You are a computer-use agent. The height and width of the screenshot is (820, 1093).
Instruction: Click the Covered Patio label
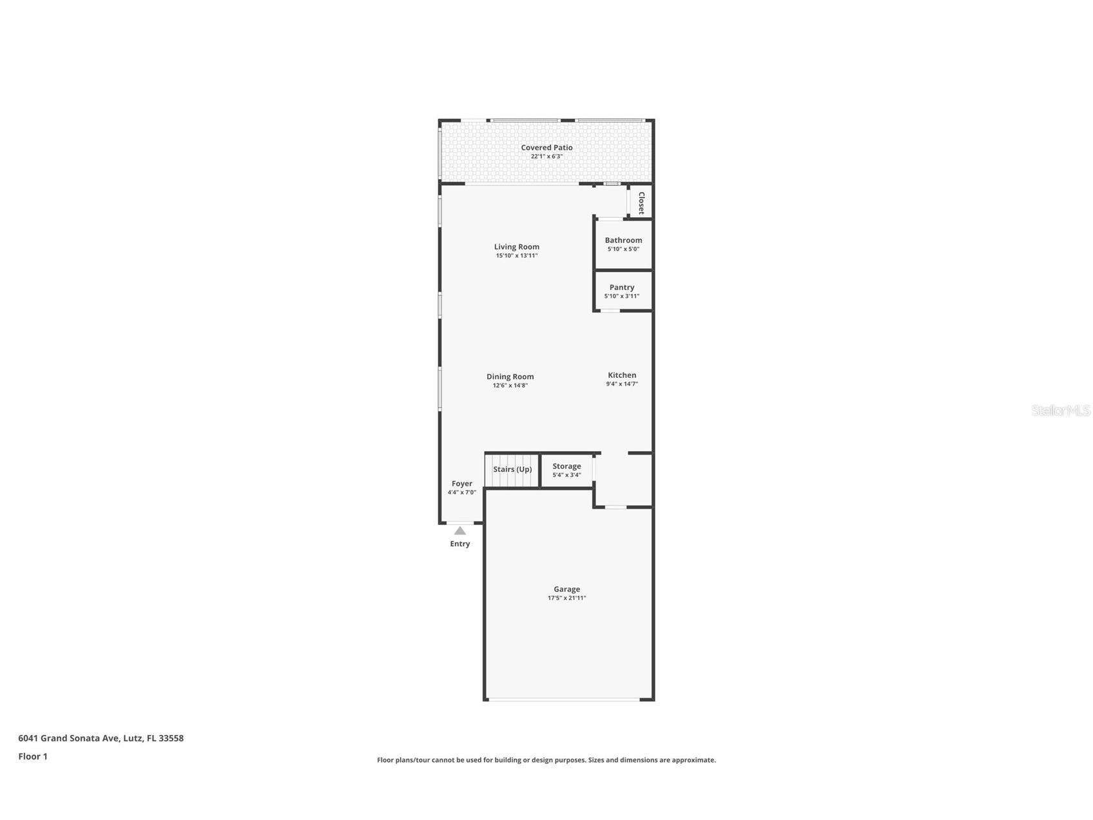(546, 148)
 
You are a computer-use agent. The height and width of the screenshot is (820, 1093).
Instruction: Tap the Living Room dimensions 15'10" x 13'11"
(516, 256)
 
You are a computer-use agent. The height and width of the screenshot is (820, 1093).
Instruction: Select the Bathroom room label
(623, 240)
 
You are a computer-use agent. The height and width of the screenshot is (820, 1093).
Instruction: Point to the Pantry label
(622, 288)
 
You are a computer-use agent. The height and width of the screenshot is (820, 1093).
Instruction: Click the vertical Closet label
(641, 202)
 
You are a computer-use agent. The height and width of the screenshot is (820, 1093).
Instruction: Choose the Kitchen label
(622, 375)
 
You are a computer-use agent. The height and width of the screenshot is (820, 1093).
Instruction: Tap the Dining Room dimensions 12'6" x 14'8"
(510, 386)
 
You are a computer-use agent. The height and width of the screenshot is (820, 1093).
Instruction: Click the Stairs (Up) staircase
(512, 470)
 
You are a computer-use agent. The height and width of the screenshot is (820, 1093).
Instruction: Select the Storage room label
(566, 466)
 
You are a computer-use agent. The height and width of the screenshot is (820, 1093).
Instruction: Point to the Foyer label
(461, 483)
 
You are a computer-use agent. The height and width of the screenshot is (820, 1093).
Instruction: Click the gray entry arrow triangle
(459, 531)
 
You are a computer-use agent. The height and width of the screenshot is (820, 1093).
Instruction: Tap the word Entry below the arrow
(459, 544)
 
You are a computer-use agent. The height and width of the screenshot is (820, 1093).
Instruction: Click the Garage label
(566, 589)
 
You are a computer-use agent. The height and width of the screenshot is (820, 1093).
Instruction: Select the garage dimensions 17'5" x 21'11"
(566, 598)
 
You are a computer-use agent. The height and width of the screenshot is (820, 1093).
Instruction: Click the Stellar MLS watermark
(1060, 411)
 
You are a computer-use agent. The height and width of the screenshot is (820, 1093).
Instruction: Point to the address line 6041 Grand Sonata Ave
(101, 738)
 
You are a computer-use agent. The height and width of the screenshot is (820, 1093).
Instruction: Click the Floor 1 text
(33, 757)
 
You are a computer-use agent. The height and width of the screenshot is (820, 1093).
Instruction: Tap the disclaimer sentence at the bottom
(546, 760)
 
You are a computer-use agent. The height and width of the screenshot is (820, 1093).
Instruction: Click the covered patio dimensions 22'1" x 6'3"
(546, 157)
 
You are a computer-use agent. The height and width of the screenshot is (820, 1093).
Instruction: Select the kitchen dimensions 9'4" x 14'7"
(622, 384)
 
